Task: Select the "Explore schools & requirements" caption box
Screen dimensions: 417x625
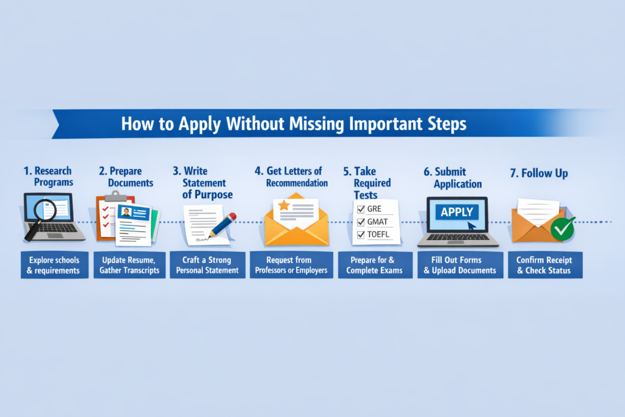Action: [x=54, y=265]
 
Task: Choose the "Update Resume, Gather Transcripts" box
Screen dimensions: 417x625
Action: [x=129, y=265]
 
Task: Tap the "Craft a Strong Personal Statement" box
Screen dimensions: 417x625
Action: [x=206, y=265]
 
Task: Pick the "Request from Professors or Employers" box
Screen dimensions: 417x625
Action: [x=291, y=265]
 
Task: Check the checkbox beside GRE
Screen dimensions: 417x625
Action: [x=360, y=210]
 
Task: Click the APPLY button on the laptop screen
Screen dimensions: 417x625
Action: [x=457, y=212]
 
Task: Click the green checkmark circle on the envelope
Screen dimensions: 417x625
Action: [x=562, y=228]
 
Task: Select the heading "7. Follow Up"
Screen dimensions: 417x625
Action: [x=539, y=173]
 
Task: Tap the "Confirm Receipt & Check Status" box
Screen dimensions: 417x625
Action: [x=544, y=265]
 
